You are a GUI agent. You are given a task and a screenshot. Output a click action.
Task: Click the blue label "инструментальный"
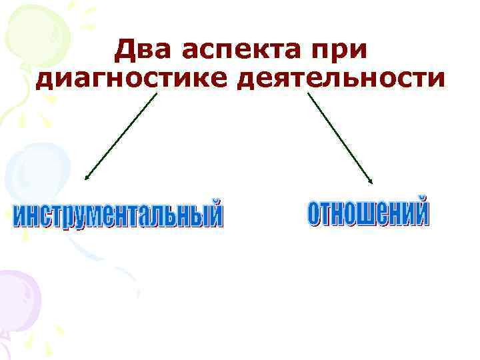pos(119,215)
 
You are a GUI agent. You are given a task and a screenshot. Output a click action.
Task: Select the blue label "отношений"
pos(368,212)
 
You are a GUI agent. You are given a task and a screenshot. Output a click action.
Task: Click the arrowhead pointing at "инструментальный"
pos(86,178)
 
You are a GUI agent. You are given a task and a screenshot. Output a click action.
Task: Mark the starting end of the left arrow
pos(157,93)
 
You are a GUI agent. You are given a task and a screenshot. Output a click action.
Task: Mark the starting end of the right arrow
pos(308,93)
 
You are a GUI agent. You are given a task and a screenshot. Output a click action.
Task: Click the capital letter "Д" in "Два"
pos(125,50)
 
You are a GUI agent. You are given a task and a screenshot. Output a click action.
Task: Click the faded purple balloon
pos(17,293)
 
